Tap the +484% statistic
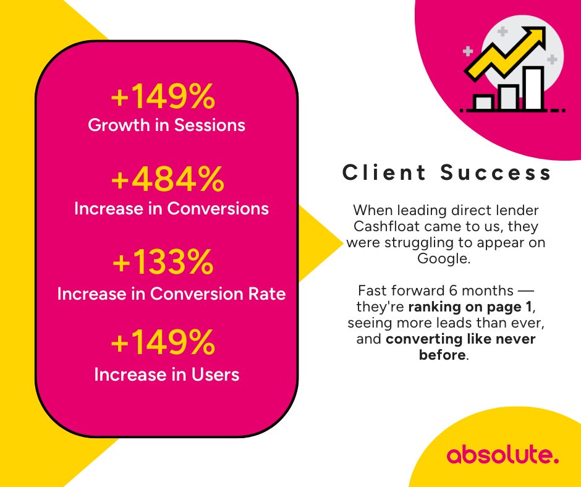[x=167, y=180]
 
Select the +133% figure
[x=163, y=264]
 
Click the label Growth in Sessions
[x=167, y=125]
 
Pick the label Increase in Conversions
[x=171, y=209]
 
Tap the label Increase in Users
[x=166, y=375]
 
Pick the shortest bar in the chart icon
[x=483, y=102]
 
